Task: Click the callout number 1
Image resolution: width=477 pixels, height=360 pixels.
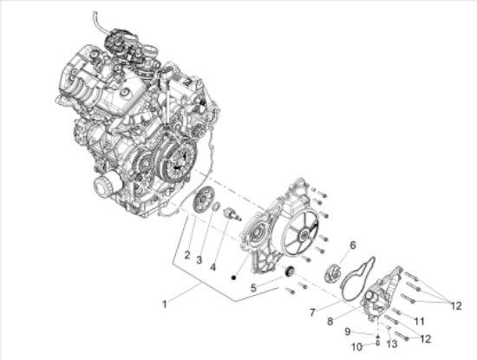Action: (x=165, y=304)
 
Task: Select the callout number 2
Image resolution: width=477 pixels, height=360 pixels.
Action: (x=187, y=255)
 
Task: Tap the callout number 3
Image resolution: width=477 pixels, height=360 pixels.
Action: (x=199, y=260)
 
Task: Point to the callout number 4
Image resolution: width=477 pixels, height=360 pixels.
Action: (x=213, y=267)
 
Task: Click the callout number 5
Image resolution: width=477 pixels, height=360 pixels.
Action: (x=253, y=288)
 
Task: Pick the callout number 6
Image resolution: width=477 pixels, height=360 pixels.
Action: (x=353, y=245)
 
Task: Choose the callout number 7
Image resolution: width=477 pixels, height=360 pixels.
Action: (x=312, y=312)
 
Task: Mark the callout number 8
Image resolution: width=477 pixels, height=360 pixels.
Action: (x=330, y=321)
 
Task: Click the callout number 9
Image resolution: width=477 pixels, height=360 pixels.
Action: (x=348, y=331)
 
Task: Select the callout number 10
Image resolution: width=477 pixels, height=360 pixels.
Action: (x=357, y=347)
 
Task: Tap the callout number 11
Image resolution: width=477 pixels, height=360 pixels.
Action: (x=419, y=321)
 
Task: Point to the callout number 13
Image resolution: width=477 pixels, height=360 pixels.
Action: (x=392, y=344)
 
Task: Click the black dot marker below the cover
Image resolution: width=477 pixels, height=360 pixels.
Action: (x=233, y=278)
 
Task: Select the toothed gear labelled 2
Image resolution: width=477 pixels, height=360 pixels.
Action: (x=202, y=201)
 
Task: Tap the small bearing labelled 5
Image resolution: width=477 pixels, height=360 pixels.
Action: (x=290, y=271)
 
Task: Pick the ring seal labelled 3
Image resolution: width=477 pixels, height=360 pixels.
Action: (x=217, y=206)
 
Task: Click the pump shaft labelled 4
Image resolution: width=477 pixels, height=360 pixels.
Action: (x=232, y=213)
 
